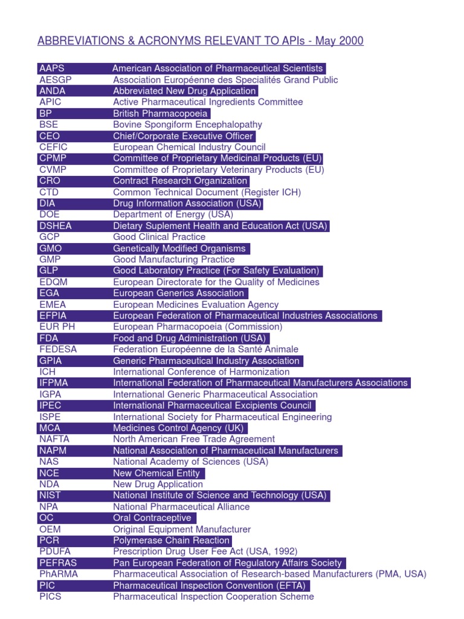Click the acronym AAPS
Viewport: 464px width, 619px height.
[x=51, y=68]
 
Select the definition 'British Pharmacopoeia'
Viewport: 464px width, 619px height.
[x=160, y=114]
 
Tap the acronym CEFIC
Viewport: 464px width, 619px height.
[x=53, y=147]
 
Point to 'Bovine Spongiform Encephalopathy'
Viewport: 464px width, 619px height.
[x=187, y=125]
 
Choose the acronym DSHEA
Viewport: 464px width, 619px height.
[x=54, y=226]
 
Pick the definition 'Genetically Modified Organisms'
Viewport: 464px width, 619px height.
[x=179, y=248]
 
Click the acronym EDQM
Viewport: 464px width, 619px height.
[x=53, y=282]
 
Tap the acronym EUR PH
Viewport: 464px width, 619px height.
[x=57, y=327]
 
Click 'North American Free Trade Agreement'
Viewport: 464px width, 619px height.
[x=194, y=439]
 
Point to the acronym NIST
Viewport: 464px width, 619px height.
[x=50, y=496]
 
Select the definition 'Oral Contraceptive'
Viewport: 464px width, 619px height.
[x=152, y=518]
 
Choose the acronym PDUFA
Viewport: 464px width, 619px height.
[x=54, y=552]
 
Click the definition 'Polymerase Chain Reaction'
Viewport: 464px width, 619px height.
[x=172, y=540]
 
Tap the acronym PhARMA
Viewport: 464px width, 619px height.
[x=58, y=574]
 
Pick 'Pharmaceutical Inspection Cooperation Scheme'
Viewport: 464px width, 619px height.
[x=213, y=597]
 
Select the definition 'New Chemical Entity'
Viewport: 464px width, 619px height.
[x=156, y=473]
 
